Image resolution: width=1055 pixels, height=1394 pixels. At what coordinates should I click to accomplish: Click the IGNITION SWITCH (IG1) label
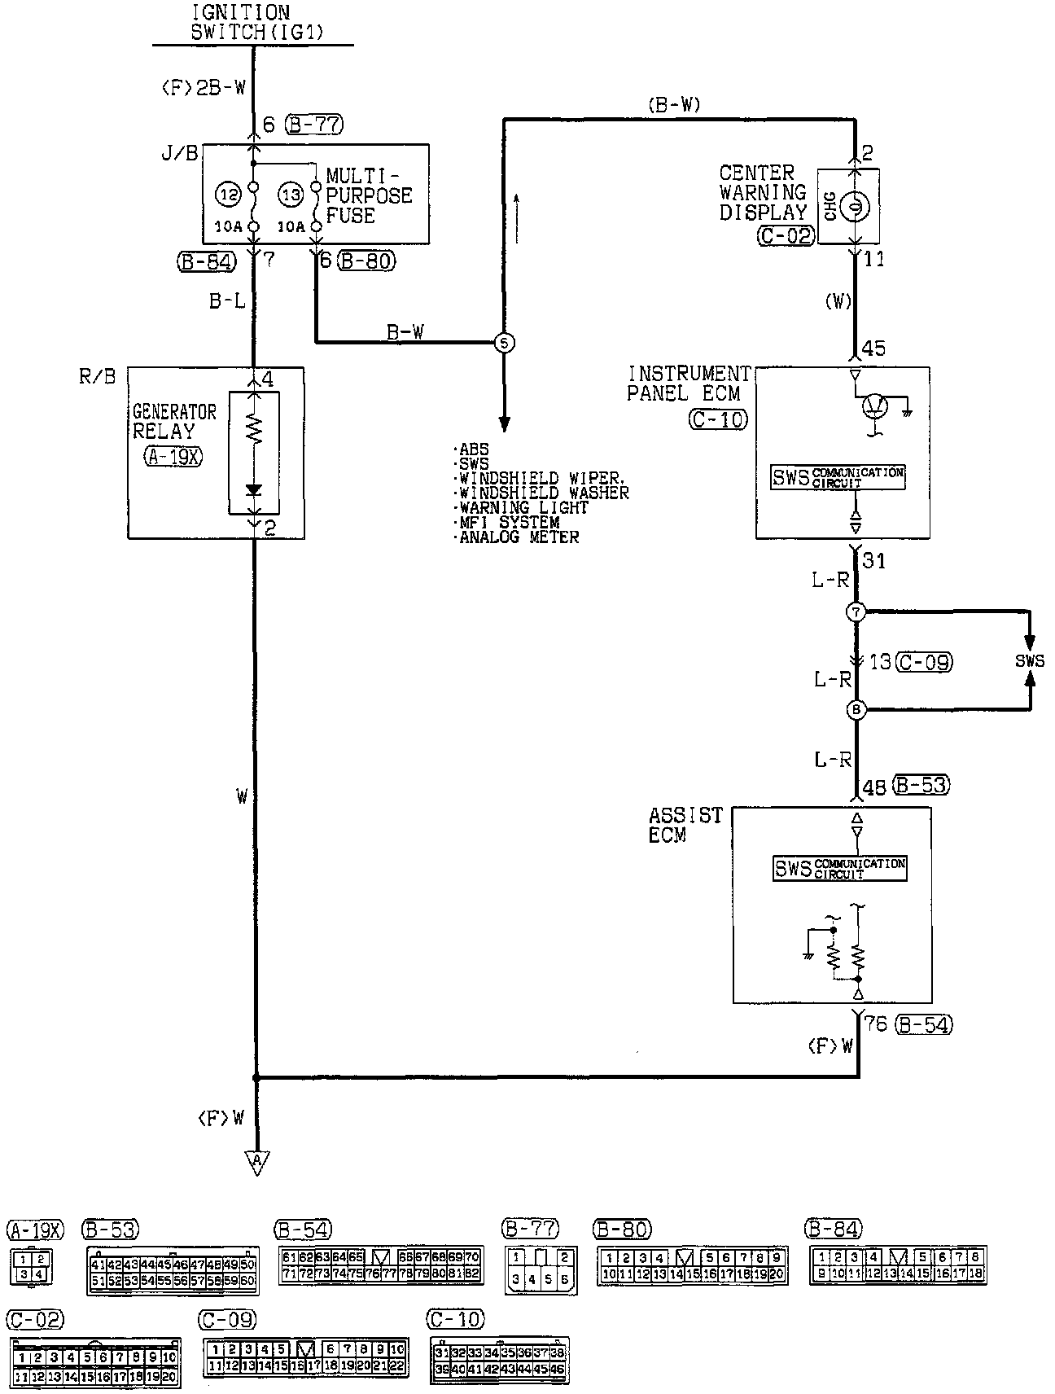240,23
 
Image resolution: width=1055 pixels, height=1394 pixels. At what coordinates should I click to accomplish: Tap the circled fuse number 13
291,195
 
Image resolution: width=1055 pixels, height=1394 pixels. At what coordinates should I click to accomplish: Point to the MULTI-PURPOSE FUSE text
369,195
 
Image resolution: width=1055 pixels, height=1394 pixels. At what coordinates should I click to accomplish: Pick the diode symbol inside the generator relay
254,490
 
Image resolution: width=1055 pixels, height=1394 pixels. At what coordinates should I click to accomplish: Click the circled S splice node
504,343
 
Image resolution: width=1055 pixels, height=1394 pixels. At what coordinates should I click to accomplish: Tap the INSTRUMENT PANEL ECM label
688,383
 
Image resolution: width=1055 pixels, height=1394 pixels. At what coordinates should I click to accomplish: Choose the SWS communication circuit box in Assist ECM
838,868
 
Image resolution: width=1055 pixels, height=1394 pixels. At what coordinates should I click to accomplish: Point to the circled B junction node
856,710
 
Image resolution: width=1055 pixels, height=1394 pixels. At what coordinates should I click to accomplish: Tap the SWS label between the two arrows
1029,661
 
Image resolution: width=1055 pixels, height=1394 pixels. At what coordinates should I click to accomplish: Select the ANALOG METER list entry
519,537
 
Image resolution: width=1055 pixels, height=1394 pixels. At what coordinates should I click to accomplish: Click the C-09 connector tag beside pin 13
923,662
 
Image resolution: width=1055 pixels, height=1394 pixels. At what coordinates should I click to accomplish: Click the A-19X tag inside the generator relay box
173,456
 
